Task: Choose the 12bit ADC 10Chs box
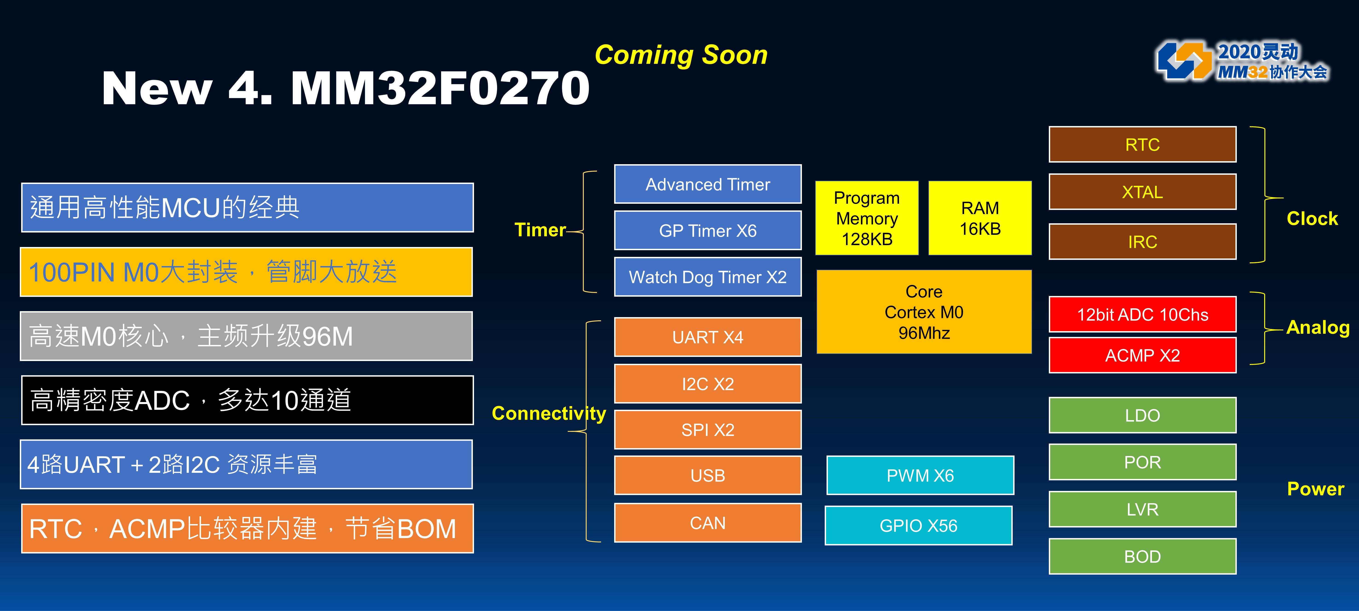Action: pos(1142,314)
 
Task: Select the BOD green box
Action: pos(1142,556)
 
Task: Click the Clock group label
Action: pos(1312,218)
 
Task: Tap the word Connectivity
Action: pos(549,413)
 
